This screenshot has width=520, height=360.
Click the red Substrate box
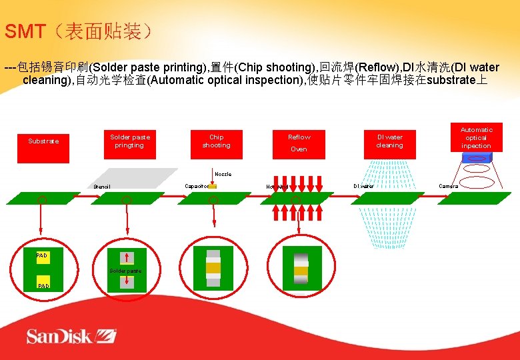[43, 141]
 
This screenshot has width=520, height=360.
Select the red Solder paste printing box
[130, 141]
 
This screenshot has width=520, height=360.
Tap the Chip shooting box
[216, 141]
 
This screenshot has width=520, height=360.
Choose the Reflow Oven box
[299, 143]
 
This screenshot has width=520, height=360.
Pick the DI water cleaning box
[389, 141]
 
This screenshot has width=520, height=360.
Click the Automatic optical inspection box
[476, 137]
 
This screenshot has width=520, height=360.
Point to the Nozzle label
[223, 174]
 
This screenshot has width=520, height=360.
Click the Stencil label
[102, 187]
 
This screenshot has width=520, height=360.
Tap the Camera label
[448, 186]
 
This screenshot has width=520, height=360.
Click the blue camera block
[476, 158]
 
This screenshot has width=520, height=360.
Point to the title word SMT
[25, 31]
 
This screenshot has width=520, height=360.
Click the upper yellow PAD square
[43, 257]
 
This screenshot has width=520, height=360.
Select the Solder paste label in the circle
[125, 271]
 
